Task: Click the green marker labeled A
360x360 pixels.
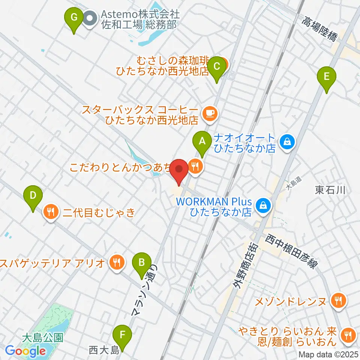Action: coord(202,141)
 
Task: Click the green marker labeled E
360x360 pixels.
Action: coord(326,77)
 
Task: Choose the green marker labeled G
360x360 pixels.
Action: coord(74,18)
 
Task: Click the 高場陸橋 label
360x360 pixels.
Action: coord(321,31)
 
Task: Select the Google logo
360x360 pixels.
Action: coord(25,351)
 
